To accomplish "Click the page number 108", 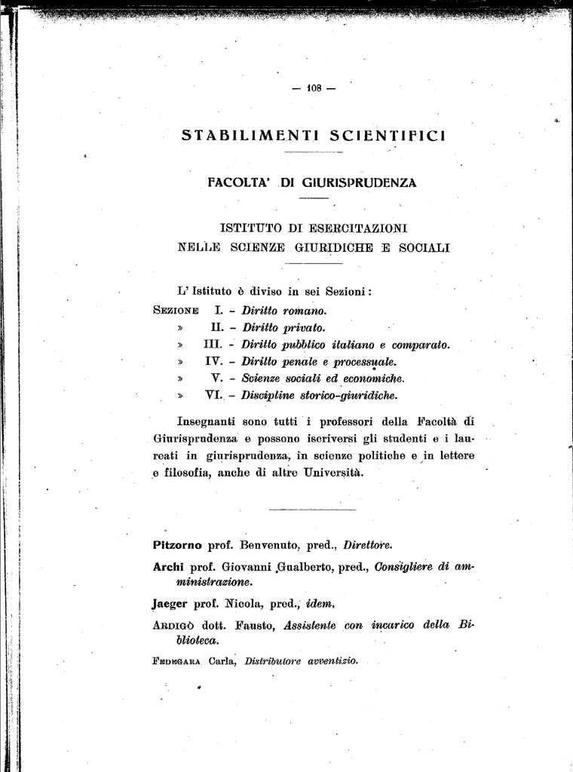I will pyautogui.click(x=314, y=88).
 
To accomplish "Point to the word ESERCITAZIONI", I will pyautogui.click(x=354, y=228).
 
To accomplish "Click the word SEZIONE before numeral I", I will pyautogui.click(x=176, y=310).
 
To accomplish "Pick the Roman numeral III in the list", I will pyautogui.click(x=213, y=345).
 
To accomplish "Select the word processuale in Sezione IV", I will pyautogui.click(x=365, y=362).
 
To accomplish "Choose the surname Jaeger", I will pyautogui.click(x=170, y=603).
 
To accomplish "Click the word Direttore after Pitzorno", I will pyautogui.click(x=367, y=544).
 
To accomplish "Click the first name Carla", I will pyautogui.click(x=223, y=661).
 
